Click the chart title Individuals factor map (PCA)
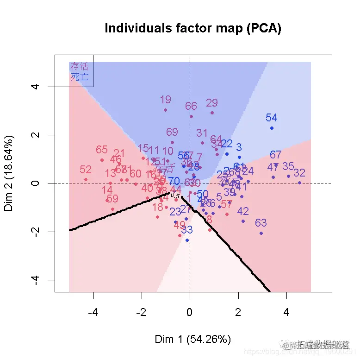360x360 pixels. coord(192,28)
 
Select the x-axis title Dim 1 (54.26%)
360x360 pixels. coord(192,339)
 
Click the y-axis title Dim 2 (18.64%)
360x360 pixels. coord(10,173)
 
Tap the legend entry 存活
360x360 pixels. coord(79,67)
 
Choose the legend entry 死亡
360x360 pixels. coord(79,76)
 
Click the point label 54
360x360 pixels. coord(271,118)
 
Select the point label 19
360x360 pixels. coord(165,100)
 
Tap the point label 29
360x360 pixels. coord(212,103)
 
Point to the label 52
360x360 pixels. coord(86,170)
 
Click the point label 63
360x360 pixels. coord(261,223)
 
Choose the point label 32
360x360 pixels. coord(299,173)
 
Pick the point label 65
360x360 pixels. coord(102,150)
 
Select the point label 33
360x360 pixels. coord(186,229)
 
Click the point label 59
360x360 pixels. coord(112,199)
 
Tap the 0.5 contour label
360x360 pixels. coord(175,196)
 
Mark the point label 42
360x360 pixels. coord(243,211)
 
